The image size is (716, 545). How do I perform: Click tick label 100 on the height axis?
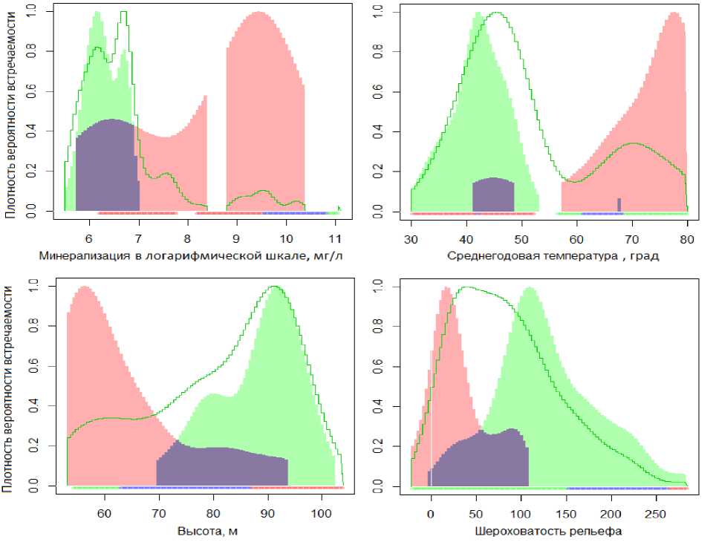(321, 513)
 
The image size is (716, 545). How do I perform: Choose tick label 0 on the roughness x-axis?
(431, 513)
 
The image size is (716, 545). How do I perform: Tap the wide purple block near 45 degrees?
(493, 195)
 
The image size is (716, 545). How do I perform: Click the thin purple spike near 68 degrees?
(619, 204)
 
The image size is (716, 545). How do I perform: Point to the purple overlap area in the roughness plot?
(483, 460)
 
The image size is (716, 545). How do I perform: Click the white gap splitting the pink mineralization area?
(217, 149)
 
